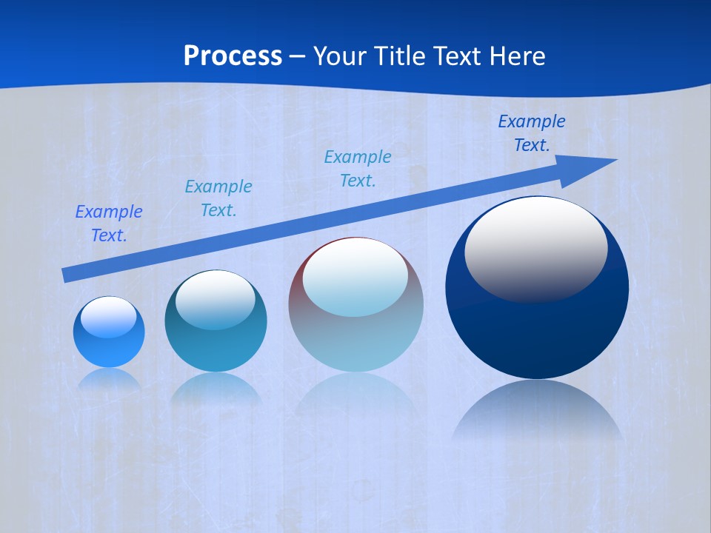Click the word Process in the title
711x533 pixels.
pyautogui.click(x=233, y=56)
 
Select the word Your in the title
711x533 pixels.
pyautogui.click(x=340, y=56)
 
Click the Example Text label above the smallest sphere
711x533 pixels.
pyautogui.click(x=108, y=224)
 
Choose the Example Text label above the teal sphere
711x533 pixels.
pyautogui.click(x=218, y=198)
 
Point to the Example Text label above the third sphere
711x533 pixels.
pyautogui.click(x=358, y=169)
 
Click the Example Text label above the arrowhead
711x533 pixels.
pyautogui.click(x=532, y=133)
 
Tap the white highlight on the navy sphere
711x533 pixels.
pyautogui.click(x=535, y=248)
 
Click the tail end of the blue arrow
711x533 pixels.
pyautogui.click(x=67, y=275)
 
